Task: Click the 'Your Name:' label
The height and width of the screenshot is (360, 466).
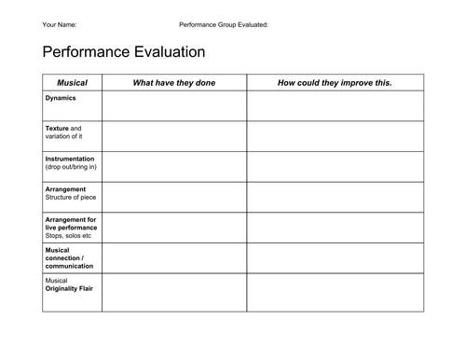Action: (x=60, y=24)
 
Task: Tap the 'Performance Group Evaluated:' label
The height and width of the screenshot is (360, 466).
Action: (x=224, y=24)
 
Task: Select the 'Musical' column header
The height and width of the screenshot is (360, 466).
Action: (x=72, y=83)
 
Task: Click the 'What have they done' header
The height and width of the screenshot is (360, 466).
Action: (x=174, y=83)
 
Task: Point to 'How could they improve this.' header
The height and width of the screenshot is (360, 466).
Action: (x=335, y=83)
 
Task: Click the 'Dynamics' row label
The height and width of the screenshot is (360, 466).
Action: (x=61, y=98)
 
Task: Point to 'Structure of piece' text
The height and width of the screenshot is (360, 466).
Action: (x=70, y=198)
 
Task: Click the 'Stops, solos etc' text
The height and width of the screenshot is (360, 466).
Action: (x=68, y=236)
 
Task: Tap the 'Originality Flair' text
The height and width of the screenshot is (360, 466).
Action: (x=69, y=288)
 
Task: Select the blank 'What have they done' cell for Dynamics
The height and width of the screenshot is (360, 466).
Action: (x=174, y=105)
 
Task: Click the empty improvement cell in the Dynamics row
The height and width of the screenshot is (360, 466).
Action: (x=335, y=105)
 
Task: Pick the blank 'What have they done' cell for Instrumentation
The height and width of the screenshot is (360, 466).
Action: (x=174, y=166)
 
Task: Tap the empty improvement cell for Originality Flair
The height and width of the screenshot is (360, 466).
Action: (x=335, y=293)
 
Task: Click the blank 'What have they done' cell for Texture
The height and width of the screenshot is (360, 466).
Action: (x=174, y=135)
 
